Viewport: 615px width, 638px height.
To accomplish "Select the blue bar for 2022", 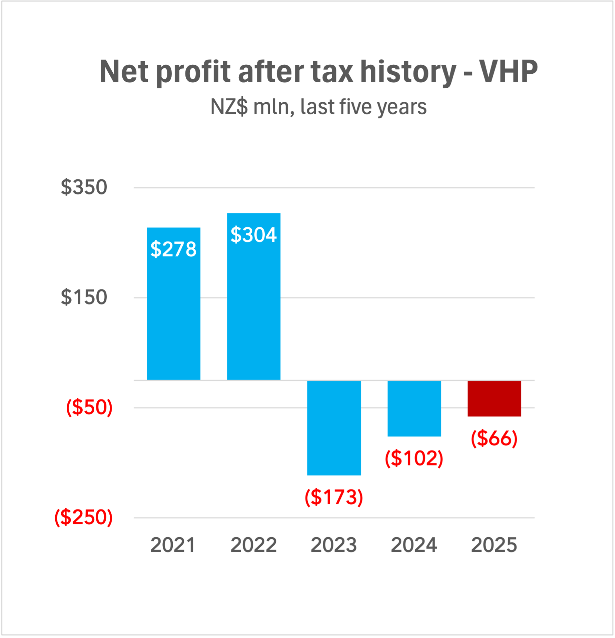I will [x=254, y=304].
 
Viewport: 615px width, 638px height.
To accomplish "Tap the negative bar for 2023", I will [x=334, y=428].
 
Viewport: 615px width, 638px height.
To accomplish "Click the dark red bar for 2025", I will [x=494, y=398].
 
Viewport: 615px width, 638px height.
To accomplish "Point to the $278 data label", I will [x=173, y=249].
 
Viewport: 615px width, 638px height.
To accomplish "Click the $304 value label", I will [x=254, y=235].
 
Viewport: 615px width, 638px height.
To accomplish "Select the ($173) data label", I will [x=334, y=497].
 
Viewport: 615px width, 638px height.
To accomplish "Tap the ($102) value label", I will [x=414, y=458].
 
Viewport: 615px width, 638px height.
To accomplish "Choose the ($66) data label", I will [x=494, y=438].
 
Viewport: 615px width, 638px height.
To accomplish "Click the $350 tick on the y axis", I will [x=84, y=187].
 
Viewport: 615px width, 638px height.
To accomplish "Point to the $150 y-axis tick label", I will [x=84, y=297].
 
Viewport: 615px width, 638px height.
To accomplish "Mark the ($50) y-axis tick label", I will [x=89, y=407].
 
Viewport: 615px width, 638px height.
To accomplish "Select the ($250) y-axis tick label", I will [x=84, y=517].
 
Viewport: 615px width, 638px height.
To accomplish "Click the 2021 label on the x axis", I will [x=173, y=545].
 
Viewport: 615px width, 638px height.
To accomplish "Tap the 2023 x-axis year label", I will [x=334, y=545].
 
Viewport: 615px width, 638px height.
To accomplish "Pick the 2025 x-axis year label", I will [x=494, y=545].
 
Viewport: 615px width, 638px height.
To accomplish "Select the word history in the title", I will [x=408, y=72].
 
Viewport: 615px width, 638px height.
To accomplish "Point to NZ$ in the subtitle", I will [x=229, y=107].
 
